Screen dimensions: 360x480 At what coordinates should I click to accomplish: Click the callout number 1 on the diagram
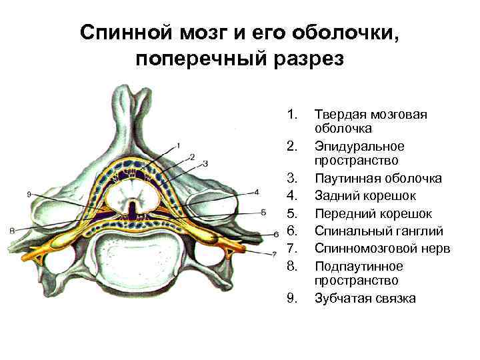pyautogui.click(x=178, y=145)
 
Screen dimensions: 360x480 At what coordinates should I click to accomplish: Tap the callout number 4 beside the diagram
pyautogui.click(x=257, y=191)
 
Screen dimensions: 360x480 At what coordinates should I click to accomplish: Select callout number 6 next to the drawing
pyautogui.click(x=275, y=235)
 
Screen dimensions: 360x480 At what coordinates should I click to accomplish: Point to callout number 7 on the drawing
pyautogui.click(x=274, y=254)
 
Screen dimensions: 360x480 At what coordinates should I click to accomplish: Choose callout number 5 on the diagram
pyautogui.click(x=264, y=211)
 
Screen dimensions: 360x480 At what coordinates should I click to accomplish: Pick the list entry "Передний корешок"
pyautogui.click(x=373, y=213)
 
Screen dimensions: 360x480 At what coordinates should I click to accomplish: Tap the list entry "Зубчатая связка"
pyautogui.click(x=365, y=298)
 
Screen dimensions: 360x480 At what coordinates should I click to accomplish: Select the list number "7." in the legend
pyautogui.click(x=290, y=248)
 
